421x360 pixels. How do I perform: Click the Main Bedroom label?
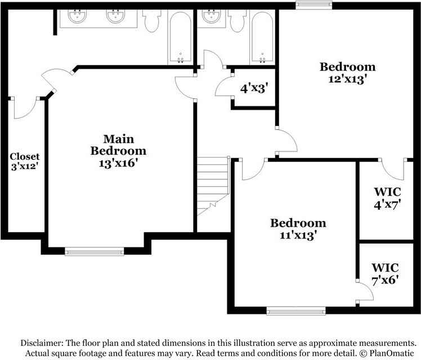(118, 145)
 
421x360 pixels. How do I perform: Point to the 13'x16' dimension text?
(118, 164)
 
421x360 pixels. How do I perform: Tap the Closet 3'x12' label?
(25, 161)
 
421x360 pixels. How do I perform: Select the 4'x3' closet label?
(254, 88)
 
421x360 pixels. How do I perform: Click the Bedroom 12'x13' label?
(347, 73)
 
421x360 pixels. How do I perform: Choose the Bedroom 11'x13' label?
(297, 229)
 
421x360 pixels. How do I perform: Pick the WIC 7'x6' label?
(385, 273)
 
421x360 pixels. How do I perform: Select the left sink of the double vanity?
(77, 16)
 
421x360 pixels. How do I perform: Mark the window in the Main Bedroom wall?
(94, 251)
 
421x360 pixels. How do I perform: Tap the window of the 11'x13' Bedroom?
(295, 310)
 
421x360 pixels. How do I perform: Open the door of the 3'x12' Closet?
(25, 108)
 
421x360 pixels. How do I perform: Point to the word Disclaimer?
(42, 343)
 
